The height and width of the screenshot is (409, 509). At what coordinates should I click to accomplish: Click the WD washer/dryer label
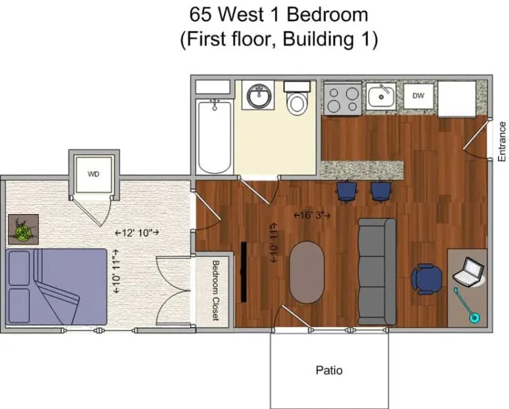[94, 174]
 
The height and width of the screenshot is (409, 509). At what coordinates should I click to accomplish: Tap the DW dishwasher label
[418, 96]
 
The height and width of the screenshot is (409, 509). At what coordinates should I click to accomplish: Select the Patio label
[329, 370]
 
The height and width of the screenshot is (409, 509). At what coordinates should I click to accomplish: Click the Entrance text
[502, 141]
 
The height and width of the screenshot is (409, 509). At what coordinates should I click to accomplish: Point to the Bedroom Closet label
[216, 291]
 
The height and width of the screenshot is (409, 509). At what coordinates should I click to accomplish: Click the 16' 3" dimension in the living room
[312, 215]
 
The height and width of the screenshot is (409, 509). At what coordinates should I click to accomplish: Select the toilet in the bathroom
[296, 100]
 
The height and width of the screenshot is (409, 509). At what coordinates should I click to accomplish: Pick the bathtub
[215, 136]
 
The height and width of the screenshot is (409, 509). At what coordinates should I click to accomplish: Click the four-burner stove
[342, 99]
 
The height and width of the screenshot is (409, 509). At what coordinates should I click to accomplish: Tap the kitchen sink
[382, 98]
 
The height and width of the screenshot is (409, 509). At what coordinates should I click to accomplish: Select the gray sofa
[377, 271]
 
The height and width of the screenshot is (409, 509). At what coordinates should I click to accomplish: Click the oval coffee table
[307, 272]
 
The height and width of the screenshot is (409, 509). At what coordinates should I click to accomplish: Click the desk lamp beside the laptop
[468, 305]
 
